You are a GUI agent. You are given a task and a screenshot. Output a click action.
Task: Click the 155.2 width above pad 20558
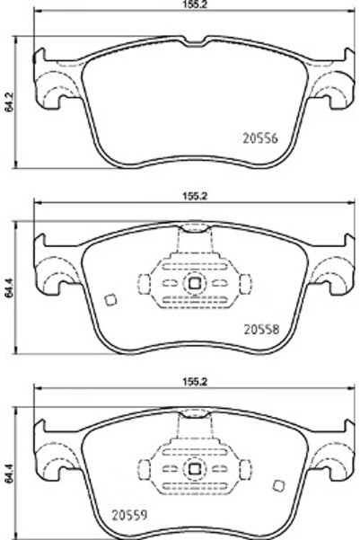point(187,193)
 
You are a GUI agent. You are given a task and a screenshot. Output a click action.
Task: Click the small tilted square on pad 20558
point(110,301)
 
